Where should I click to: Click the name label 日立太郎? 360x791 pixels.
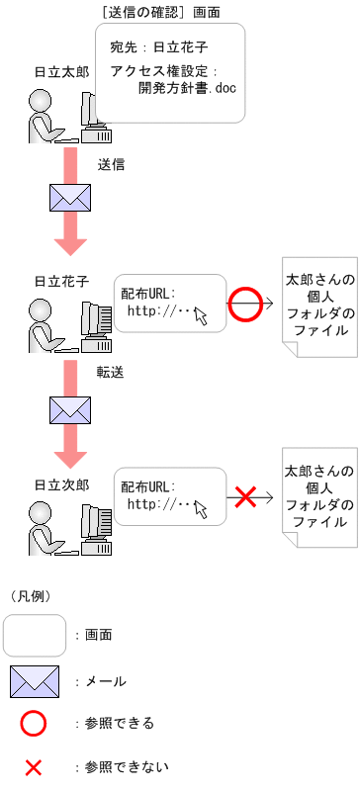pos(61,72)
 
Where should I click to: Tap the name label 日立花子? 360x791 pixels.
pos(61,281)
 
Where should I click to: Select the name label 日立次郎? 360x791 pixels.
pos(61,485)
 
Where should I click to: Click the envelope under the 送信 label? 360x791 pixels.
pos(70,198)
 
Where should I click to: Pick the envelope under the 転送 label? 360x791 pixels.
pos(70,410)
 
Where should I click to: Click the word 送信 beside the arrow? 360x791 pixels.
pos(111,164)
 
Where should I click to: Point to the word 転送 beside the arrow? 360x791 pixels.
pos(111,372)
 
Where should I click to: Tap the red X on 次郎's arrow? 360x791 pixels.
pos(245,497)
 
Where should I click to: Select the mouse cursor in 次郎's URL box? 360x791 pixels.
pos(201,509)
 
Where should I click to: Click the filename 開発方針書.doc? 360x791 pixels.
pos(187,89)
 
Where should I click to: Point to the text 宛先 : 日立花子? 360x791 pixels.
pos(159,47)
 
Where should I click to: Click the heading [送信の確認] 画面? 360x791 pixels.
pos(160,12)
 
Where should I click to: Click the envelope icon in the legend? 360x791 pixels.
pos(35,681)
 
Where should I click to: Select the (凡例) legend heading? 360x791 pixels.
pos(31,596)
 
